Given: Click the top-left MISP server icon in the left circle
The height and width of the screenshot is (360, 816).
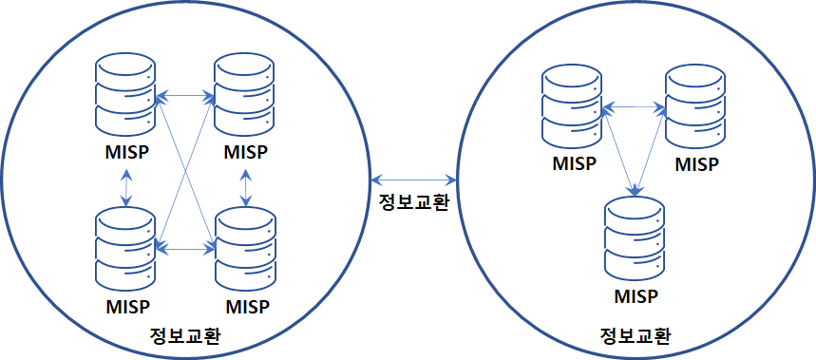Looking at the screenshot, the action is pyautogui.click(x=125, y=96).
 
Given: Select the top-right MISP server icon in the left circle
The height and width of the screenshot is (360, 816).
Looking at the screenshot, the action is pyautogui.click(x=244, y=96).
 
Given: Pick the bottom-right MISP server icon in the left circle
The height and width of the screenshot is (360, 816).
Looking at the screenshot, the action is pyautogui.click(x=244, y=249).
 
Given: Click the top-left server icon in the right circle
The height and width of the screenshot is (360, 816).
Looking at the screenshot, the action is pyautogui.click(x=572, y=107).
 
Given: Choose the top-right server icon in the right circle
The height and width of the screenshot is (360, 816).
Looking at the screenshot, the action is pyautogui.click(x=695, y=107).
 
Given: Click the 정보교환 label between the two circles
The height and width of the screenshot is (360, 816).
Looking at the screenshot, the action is pyautogui.click(x=413, y=202).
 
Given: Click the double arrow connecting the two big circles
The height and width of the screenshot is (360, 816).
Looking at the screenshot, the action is pyautogui.click(x=414, y=180).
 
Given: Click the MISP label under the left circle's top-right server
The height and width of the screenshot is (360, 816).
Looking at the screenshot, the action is pyautogui.click(x=246, y=153).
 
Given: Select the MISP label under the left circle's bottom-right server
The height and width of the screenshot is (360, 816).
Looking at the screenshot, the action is pyautogui.click(x=246, y=306).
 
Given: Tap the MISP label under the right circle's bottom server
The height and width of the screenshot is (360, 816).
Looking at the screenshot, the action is pyautogui.click(x=636, y=297).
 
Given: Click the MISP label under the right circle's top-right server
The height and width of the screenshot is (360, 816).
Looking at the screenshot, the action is pyautogui.click(x=697, y=164).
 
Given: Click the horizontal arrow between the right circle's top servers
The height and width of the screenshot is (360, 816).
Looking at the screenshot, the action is pyautogui.click(x=634, y=108).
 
